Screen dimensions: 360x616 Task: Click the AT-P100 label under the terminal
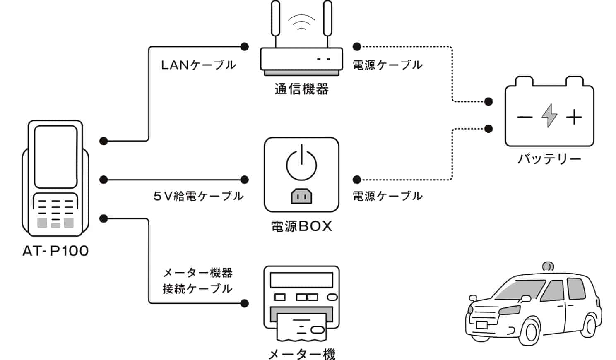(x=55, y=251)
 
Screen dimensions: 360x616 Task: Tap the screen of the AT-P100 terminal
(x=55, y=157)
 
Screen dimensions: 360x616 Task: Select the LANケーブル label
(x=198, y=65)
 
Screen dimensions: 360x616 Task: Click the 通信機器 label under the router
(x=301, y=89)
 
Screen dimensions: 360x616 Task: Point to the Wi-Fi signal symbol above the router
(x=301, y=22)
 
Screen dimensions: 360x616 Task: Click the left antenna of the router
(x=275, y=19)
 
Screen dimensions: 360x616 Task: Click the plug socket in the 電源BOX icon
(x=301, y=196)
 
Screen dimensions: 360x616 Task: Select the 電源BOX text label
(x=301, y=226)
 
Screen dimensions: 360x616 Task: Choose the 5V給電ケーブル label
(x=198, y=196)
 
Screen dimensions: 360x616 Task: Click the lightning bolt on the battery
(x=549, y=115)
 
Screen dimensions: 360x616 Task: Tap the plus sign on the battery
(x=574, y=117)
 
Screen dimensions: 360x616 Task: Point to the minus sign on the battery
(x=525, y=117)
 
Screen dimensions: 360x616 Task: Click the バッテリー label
(x=549, y=159)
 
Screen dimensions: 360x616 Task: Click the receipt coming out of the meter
(x=302, y=326)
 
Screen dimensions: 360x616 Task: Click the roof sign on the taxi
(x=548, y=266)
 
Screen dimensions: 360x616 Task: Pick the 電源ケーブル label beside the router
(x=387, y=65)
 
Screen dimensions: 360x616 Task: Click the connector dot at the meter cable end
(x=245, y=303)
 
